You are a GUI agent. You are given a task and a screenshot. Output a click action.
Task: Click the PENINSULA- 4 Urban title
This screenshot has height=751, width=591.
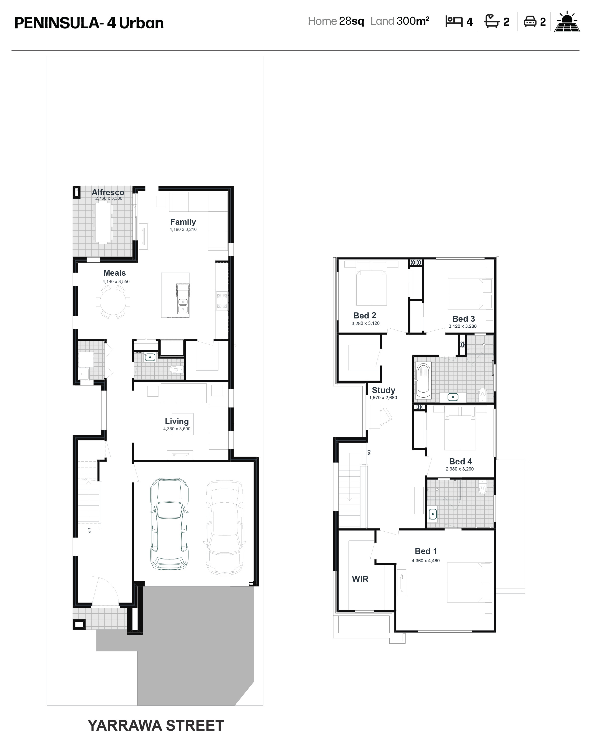89,23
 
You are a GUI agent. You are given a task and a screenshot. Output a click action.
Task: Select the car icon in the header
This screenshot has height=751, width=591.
530,21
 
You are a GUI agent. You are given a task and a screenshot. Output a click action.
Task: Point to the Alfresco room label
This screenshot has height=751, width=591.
108,192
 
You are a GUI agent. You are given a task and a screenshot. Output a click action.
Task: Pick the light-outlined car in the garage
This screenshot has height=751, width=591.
225,527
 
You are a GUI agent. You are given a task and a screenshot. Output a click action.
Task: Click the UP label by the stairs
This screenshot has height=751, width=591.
89,530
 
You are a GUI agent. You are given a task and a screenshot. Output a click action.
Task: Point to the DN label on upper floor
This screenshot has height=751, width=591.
369,452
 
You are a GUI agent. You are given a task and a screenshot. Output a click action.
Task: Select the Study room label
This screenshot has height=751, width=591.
383,390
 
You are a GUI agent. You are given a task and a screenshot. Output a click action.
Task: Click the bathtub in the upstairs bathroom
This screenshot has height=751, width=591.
424,380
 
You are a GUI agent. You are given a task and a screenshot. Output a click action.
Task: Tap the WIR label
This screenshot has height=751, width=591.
360,579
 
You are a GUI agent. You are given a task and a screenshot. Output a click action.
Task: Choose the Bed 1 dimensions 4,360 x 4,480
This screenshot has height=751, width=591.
426,561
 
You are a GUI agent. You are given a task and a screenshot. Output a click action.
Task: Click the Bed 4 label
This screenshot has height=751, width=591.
461,461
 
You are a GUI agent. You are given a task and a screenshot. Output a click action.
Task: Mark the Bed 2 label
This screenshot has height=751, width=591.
365,315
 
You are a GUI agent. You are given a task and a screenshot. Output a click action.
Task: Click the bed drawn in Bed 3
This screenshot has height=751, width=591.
465,294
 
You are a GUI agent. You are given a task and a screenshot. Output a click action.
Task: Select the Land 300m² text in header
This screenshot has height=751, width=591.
400,21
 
